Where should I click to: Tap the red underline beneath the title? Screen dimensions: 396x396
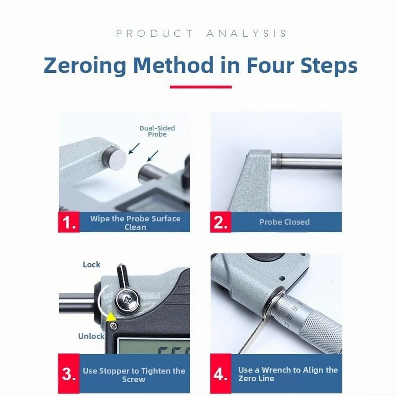[x=201, y=87]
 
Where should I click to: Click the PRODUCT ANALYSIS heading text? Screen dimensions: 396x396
[x=201, y=33]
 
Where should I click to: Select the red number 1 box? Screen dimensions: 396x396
[x=69, y=222]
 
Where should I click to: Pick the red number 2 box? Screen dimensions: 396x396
[x=221, y=222]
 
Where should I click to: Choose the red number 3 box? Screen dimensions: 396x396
[x=69, y=373]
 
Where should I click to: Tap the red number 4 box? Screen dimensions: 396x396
[x=221, y=373]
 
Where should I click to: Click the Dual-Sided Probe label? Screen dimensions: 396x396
[x=157, y=131]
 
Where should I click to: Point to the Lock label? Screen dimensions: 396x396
[x=91, y=264]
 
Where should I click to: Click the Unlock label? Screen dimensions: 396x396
[x=91, y=336]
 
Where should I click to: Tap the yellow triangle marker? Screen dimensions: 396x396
[x=111, y=317]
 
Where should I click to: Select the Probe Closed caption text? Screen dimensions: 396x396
[x=284, y=222]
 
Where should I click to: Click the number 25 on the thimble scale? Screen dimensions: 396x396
[x=294, y=308]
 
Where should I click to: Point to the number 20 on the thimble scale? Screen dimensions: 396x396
[x=290, y=316]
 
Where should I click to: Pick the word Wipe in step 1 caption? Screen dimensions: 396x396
[x=100, y=219]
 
